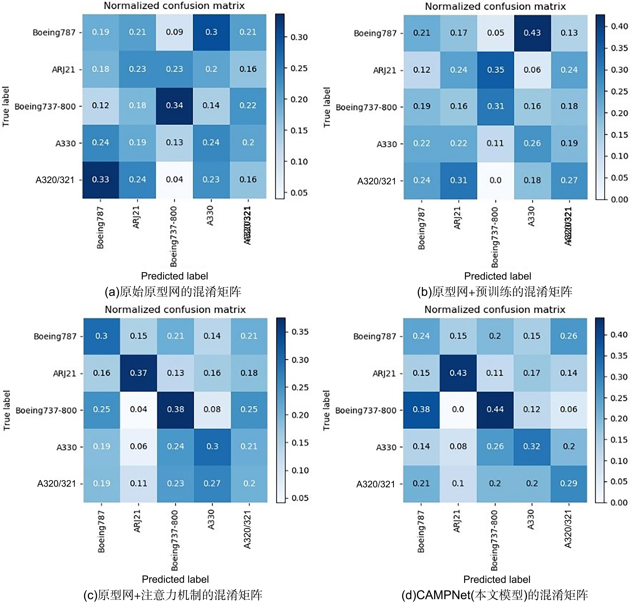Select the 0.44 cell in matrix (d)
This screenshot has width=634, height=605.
coord(495,409)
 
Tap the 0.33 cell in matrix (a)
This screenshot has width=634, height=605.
coord(101,179)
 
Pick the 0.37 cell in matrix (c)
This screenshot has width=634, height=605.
coord(138,373)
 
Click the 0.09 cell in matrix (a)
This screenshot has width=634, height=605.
coord(175,32)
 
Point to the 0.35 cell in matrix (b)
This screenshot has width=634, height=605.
coord(495,70)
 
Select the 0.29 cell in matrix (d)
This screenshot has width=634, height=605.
coord(569,483)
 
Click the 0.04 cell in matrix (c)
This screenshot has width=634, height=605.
coord(138,409)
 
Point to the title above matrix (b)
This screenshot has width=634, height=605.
coord(495,7)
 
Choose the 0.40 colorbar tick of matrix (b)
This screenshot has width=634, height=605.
coord(619,27)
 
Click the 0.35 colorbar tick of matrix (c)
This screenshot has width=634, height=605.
coord(300,332)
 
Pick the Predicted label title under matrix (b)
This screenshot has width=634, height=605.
coord(497,276)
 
